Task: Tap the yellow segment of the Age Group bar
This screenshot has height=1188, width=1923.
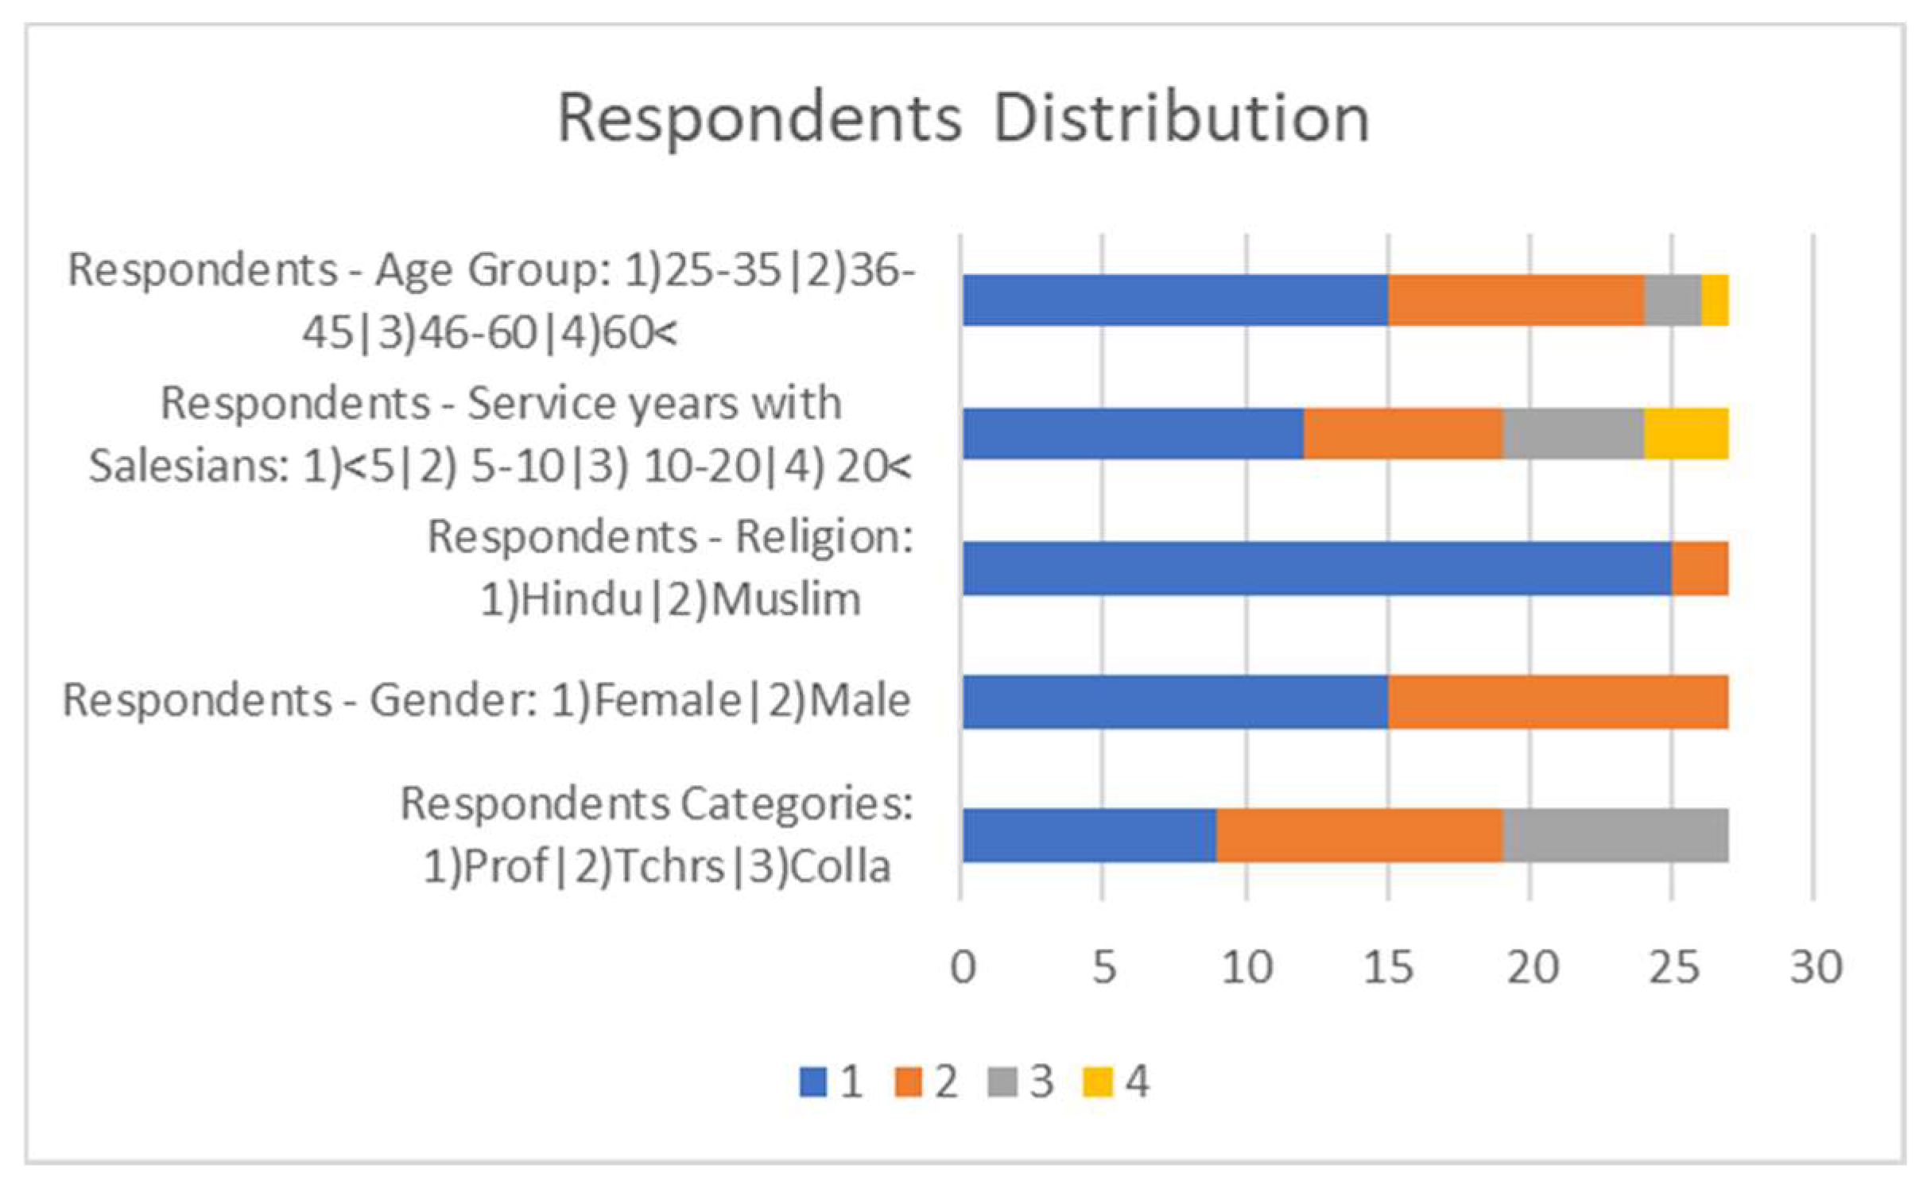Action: click(x=1715, y=300)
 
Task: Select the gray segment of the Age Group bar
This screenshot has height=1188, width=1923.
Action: click(x=1672, y=300)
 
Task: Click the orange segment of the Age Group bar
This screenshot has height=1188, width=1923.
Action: click(x=1515, y=300)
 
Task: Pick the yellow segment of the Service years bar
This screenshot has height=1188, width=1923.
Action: click(x=1685, y=434)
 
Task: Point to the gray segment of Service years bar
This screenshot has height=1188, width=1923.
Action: click(x=1572, y=434)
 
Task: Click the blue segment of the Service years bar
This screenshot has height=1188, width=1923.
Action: click(x=1133, y=434)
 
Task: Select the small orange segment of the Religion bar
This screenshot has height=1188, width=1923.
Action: click(x=1700, y=568)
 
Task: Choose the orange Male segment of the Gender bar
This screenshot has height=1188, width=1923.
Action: click(x=1558, y=702)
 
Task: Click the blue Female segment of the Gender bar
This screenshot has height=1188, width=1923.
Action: click(x=1175, y=702)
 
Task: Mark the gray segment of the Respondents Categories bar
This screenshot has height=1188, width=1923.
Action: click(x=1615, y=835)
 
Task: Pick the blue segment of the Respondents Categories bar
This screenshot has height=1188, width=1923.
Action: click(x=1089, y=835)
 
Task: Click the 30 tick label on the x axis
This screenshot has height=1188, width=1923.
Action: click(x=1816, y=968)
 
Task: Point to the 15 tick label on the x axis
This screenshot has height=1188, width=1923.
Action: click(x=1388, y=968)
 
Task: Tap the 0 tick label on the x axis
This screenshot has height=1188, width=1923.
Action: click(x=963, y=968)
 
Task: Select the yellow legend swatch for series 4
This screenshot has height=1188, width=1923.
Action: click(x=1098, y=1082)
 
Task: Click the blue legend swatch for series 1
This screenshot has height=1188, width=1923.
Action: click(x=813, y=1082)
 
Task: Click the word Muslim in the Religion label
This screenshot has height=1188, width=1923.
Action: click(x=785, y=600)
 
